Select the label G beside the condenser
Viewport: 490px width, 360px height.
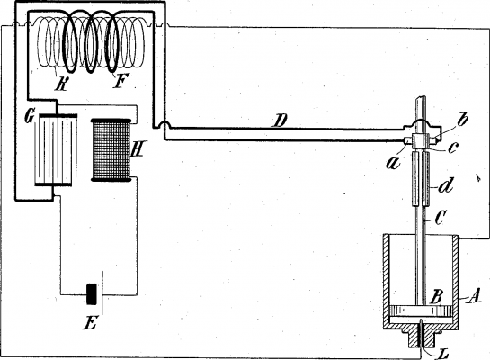30,114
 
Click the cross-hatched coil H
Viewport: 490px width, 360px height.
111,149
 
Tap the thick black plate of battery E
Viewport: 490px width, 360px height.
89,295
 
